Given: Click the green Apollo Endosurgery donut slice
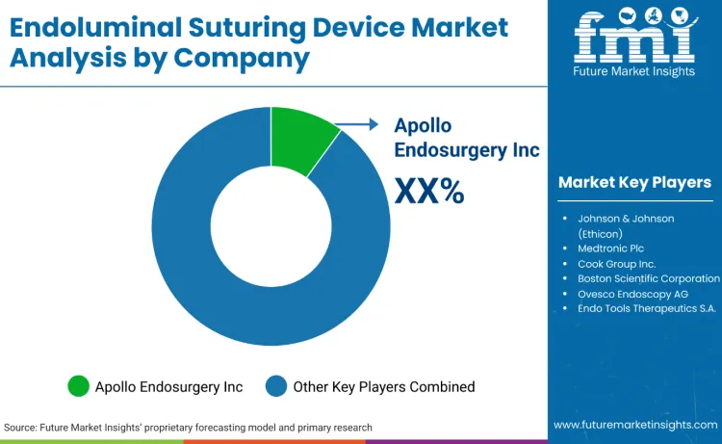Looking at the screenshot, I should [x=300, y=140].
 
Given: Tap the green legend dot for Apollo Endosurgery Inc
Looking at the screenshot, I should [x=78, y=386].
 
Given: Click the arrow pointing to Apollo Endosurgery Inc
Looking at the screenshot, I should [x=361, y=123].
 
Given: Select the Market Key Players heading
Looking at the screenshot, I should [x=634, y=182].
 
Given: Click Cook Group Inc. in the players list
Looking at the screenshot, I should [x=616, y=263].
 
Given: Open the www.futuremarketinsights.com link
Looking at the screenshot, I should [x=634, y=425].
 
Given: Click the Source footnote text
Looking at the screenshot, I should [x=188, y=427].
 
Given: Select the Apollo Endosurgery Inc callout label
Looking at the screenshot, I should [x=467, y=138].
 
